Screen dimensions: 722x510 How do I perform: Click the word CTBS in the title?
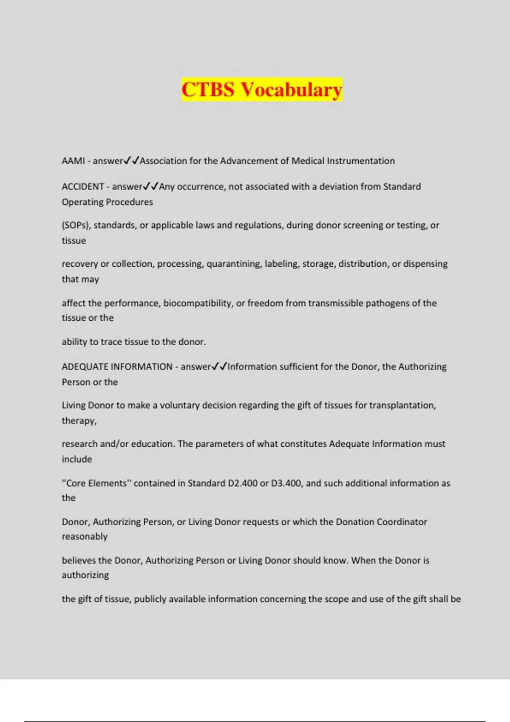(x=208, y=90)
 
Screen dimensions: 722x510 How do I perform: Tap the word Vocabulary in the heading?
(x=291, y=90)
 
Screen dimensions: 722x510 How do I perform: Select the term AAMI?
(x=73, y=161)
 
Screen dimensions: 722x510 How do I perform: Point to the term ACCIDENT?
(x=83, y=186)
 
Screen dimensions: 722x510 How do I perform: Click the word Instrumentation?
(x=360, y=161)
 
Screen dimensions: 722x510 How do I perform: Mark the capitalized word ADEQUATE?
(x=84, y=367)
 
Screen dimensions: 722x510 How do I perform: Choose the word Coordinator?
(x=402, y=522)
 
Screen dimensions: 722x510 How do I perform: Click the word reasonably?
(x=85, y=536)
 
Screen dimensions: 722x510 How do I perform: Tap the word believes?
(x=79, y=560)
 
